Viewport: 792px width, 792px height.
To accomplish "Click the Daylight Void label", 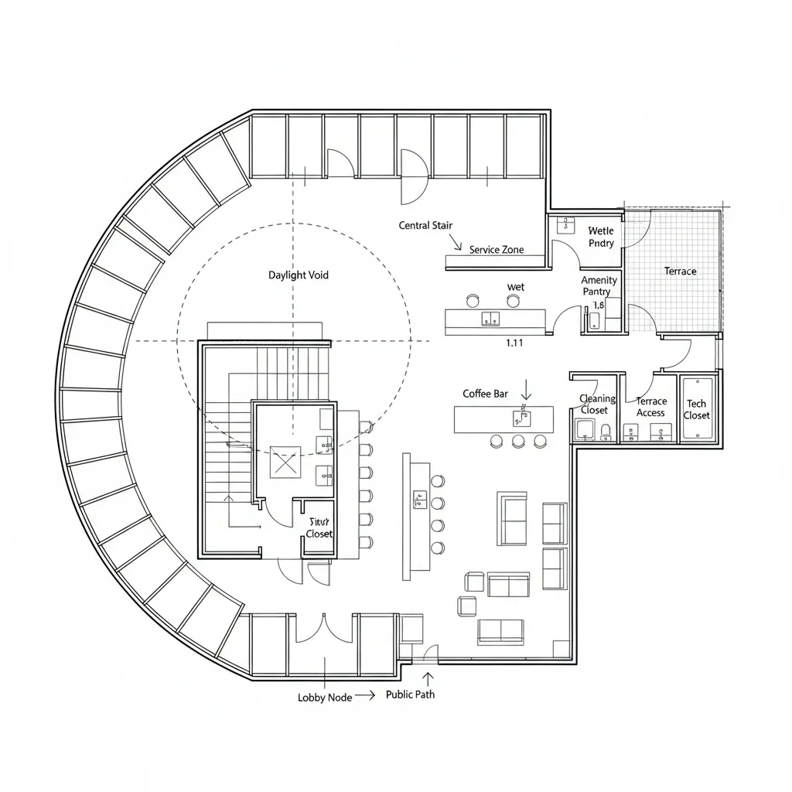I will click(x=298, y=275).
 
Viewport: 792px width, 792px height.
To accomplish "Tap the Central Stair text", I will click(x=425, y=225).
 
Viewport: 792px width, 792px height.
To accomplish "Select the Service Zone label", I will click(x=496, y=250).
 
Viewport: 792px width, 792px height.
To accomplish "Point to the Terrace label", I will click(x=680, y=271).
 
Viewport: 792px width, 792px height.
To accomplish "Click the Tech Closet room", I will click(x=696, y=409).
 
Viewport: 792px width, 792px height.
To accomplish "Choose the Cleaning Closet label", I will click(x=597, y=404).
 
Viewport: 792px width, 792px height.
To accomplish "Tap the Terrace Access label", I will click(x=650, y=407).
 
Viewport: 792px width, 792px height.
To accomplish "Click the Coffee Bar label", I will click(x=485, y=394).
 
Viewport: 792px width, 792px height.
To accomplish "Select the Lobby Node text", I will click(x=325, y=697).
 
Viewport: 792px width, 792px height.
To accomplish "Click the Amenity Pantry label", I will click(x=599, y=285).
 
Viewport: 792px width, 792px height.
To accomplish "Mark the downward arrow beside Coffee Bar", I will click(x=526, y=389).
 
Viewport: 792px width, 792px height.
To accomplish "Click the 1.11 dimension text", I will click(x=514, y=343).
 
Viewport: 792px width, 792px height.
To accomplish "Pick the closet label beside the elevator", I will click(x=319, y=528).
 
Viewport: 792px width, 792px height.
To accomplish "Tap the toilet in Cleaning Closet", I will click(x=605, y=430).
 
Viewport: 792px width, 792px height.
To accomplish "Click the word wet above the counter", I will click(x=515, y=287).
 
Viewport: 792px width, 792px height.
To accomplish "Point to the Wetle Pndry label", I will click(x=600, y=237).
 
